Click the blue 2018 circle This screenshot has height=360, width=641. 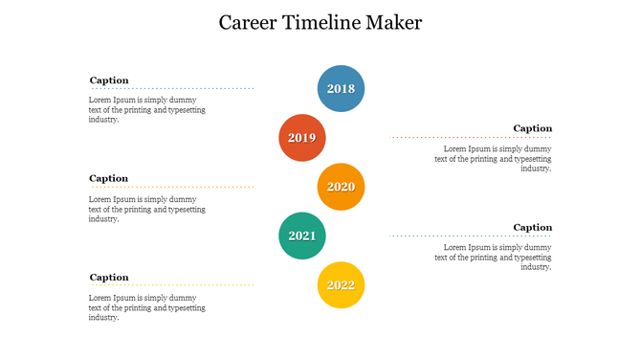(341, 89)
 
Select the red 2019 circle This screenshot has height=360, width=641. (301, 138)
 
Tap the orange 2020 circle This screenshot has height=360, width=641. (341, 187)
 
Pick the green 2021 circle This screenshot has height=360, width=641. (301, 236)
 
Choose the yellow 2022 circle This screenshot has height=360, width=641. (341, 285)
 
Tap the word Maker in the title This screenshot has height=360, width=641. (392, 22)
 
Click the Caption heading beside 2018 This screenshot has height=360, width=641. (109, 80)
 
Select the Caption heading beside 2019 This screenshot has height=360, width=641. (532, 128)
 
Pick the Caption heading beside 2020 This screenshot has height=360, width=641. (109, 178)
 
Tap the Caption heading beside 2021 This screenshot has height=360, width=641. (532, 227)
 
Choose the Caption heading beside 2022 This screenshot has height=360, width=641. (109, 277)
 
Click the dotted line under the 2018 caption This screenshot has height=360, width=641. (172, 89)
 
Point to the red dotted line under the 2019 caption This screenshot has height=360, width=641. (471, 137)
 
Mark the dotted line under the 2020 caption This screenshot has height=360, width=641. (172, 187)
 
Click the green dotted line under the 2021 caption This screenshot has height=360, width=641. (471, 236)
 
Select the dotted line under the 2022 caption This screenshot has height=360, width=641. (172, 285)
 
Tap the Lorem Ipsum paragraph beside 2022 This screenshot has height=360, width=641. (146, 307)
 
